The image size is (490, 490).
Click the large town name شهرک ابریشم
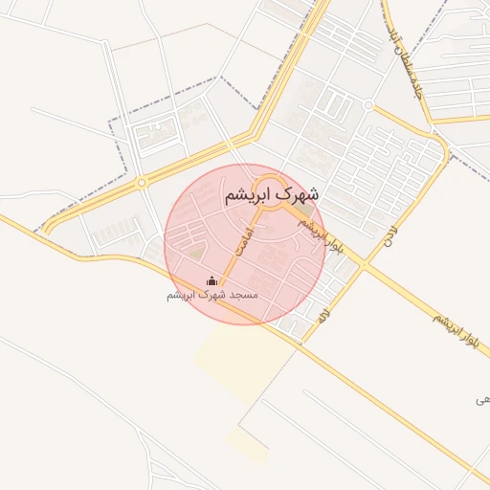point(271,194)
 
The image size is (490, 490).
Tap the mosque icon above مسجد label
point(212,280)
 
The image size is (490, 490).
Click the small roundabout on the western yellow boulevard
point(142,182)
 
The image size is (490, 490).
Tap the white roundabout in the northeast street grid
point(367,104)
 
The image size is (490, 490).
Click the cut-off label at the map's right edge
point(481,398)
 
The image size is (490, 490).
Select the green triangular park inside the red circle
point(195,254)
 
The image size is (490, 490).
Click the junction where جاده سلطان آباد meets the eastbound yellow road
point(432,122)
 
